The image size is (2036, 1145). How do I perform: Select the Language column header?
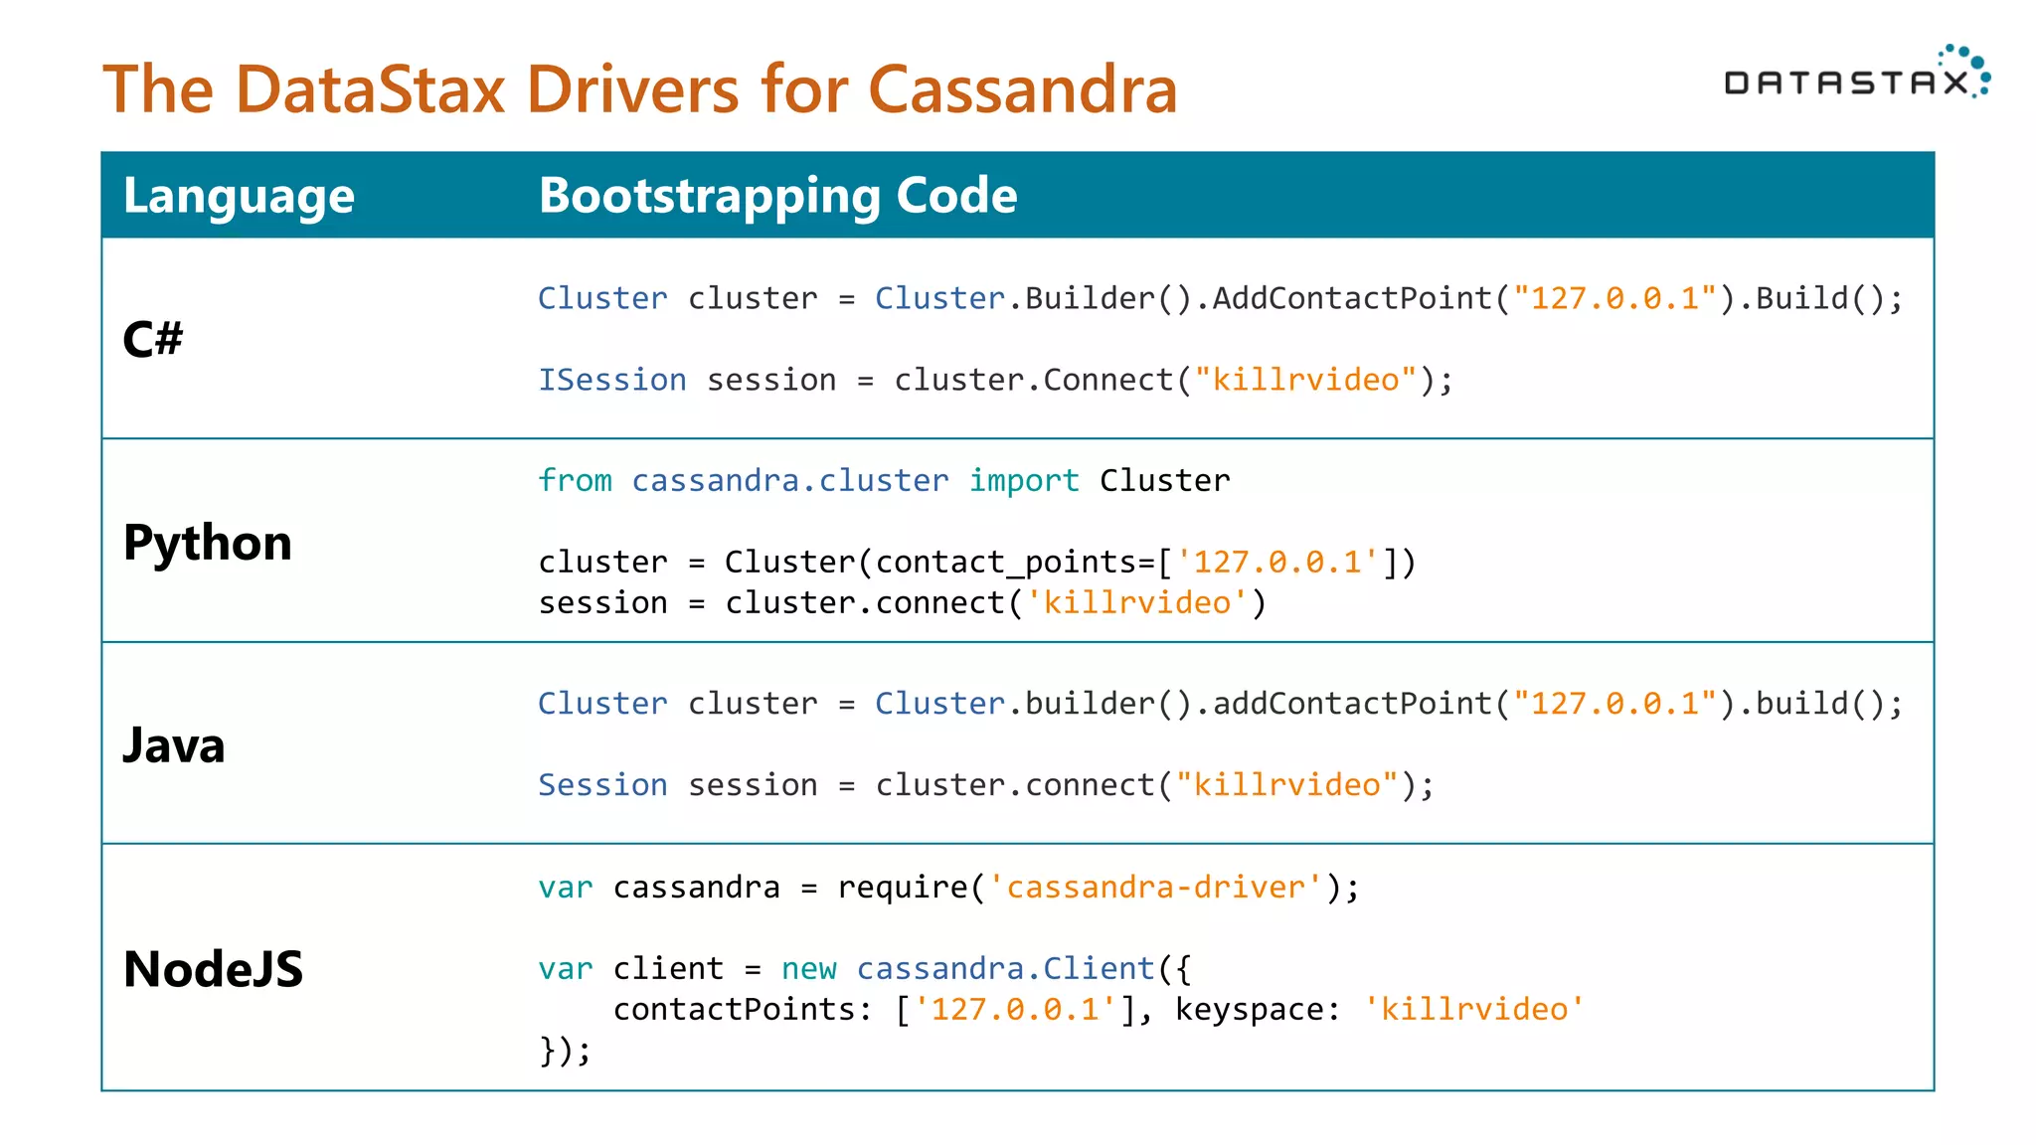(x=239, y=195)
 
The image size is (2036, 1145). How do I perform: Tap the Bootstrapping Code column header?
(x=777, y=195)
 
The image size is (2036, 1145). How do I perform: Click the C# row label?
(x=152, y=339)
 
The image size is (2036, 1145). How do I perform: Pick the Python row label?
(x=207, y=543)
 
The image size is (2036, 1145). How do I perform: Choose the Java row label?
(x=174, y=745)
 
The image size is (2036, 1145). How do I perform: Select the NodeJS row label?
(x=213, y=969)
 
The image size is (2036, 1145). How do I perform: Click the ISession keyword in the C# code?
(x=611, y=380)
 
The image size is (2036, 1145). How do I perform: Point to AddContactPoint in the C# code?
(x=1352, y=298)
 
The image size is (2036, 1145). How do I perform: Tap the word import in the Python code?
(x=1023, y=481)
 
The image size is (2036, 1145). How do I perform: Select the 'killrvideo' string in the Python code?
(x=1136, y=603)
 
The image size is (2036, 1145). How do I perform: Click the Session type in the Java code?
(x=602, y=785)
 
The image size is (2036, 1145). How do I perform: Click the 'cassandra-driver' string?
(x=1155, y=887)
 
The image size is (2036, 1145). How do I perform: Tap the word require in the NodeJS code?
(x=902, y=887)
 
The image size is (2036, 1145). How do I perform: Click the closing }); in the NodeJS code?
(x=565, y=1051)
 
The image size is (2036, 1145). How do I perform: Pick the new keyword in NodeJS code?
(x=808, y=969)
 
